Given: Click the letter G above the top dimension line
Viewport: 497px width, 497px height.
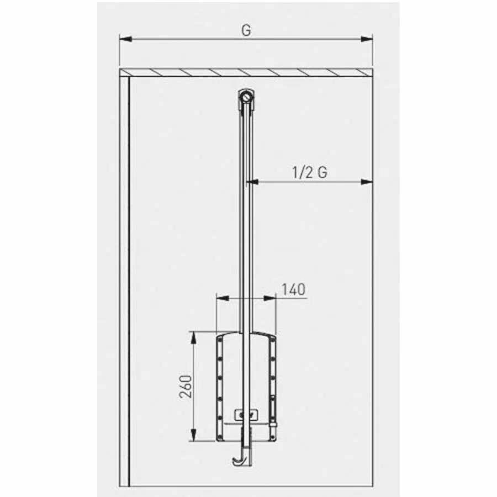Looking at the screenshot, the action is (x=246, y=30).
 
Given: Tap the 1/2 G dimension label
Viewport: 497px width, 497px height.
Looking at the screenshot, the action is (x=310, y=172).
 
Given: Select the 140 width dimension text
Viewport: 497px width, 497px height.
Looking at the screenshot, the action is (x=294, y=289).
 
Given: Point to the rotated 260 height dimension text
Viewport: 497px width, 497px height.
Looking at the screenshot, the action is (x=186, y=387).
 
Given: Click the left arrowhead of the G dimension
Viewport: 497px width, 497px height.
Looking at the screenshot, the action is (x=125, y=39).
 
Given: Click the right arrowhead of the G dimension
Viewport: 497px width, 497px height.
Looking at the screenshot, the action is (x=367, y=39).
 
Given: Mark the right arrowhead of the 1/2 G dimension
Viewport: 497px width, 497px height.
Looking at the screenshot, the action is (x=367, y=182).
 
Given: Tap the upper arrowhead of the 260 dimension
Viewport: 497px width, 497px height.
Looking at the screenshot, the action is (x=193, y=337).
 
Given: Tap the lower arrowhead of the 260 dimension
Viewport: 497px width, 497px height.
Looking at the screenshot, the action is (x=193, y=435).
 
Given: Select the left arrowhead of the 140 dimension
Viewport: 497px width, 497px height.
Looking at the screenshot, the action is (x=223, y=298).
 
